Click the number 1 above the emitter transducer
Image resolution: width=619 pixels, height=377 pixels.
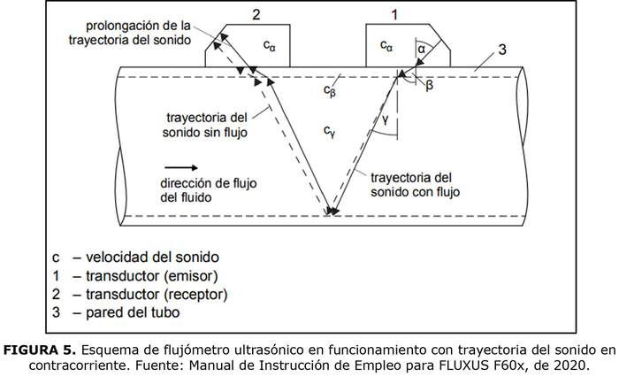coord(395,15)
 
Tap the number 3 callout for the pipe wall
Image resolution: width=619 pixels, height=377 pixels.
coord(501,50)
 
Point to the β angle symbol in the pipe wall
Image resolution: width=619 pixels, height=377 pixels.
coord(429,85)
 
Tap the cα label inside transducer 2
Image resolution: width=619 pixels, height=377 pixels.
coord(271,44)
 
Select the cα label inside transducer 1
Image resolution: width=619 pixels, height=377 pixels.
coord(386,43)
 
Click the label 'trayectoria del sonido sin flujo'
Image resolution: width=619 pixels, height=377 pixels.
coord(207,125)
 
